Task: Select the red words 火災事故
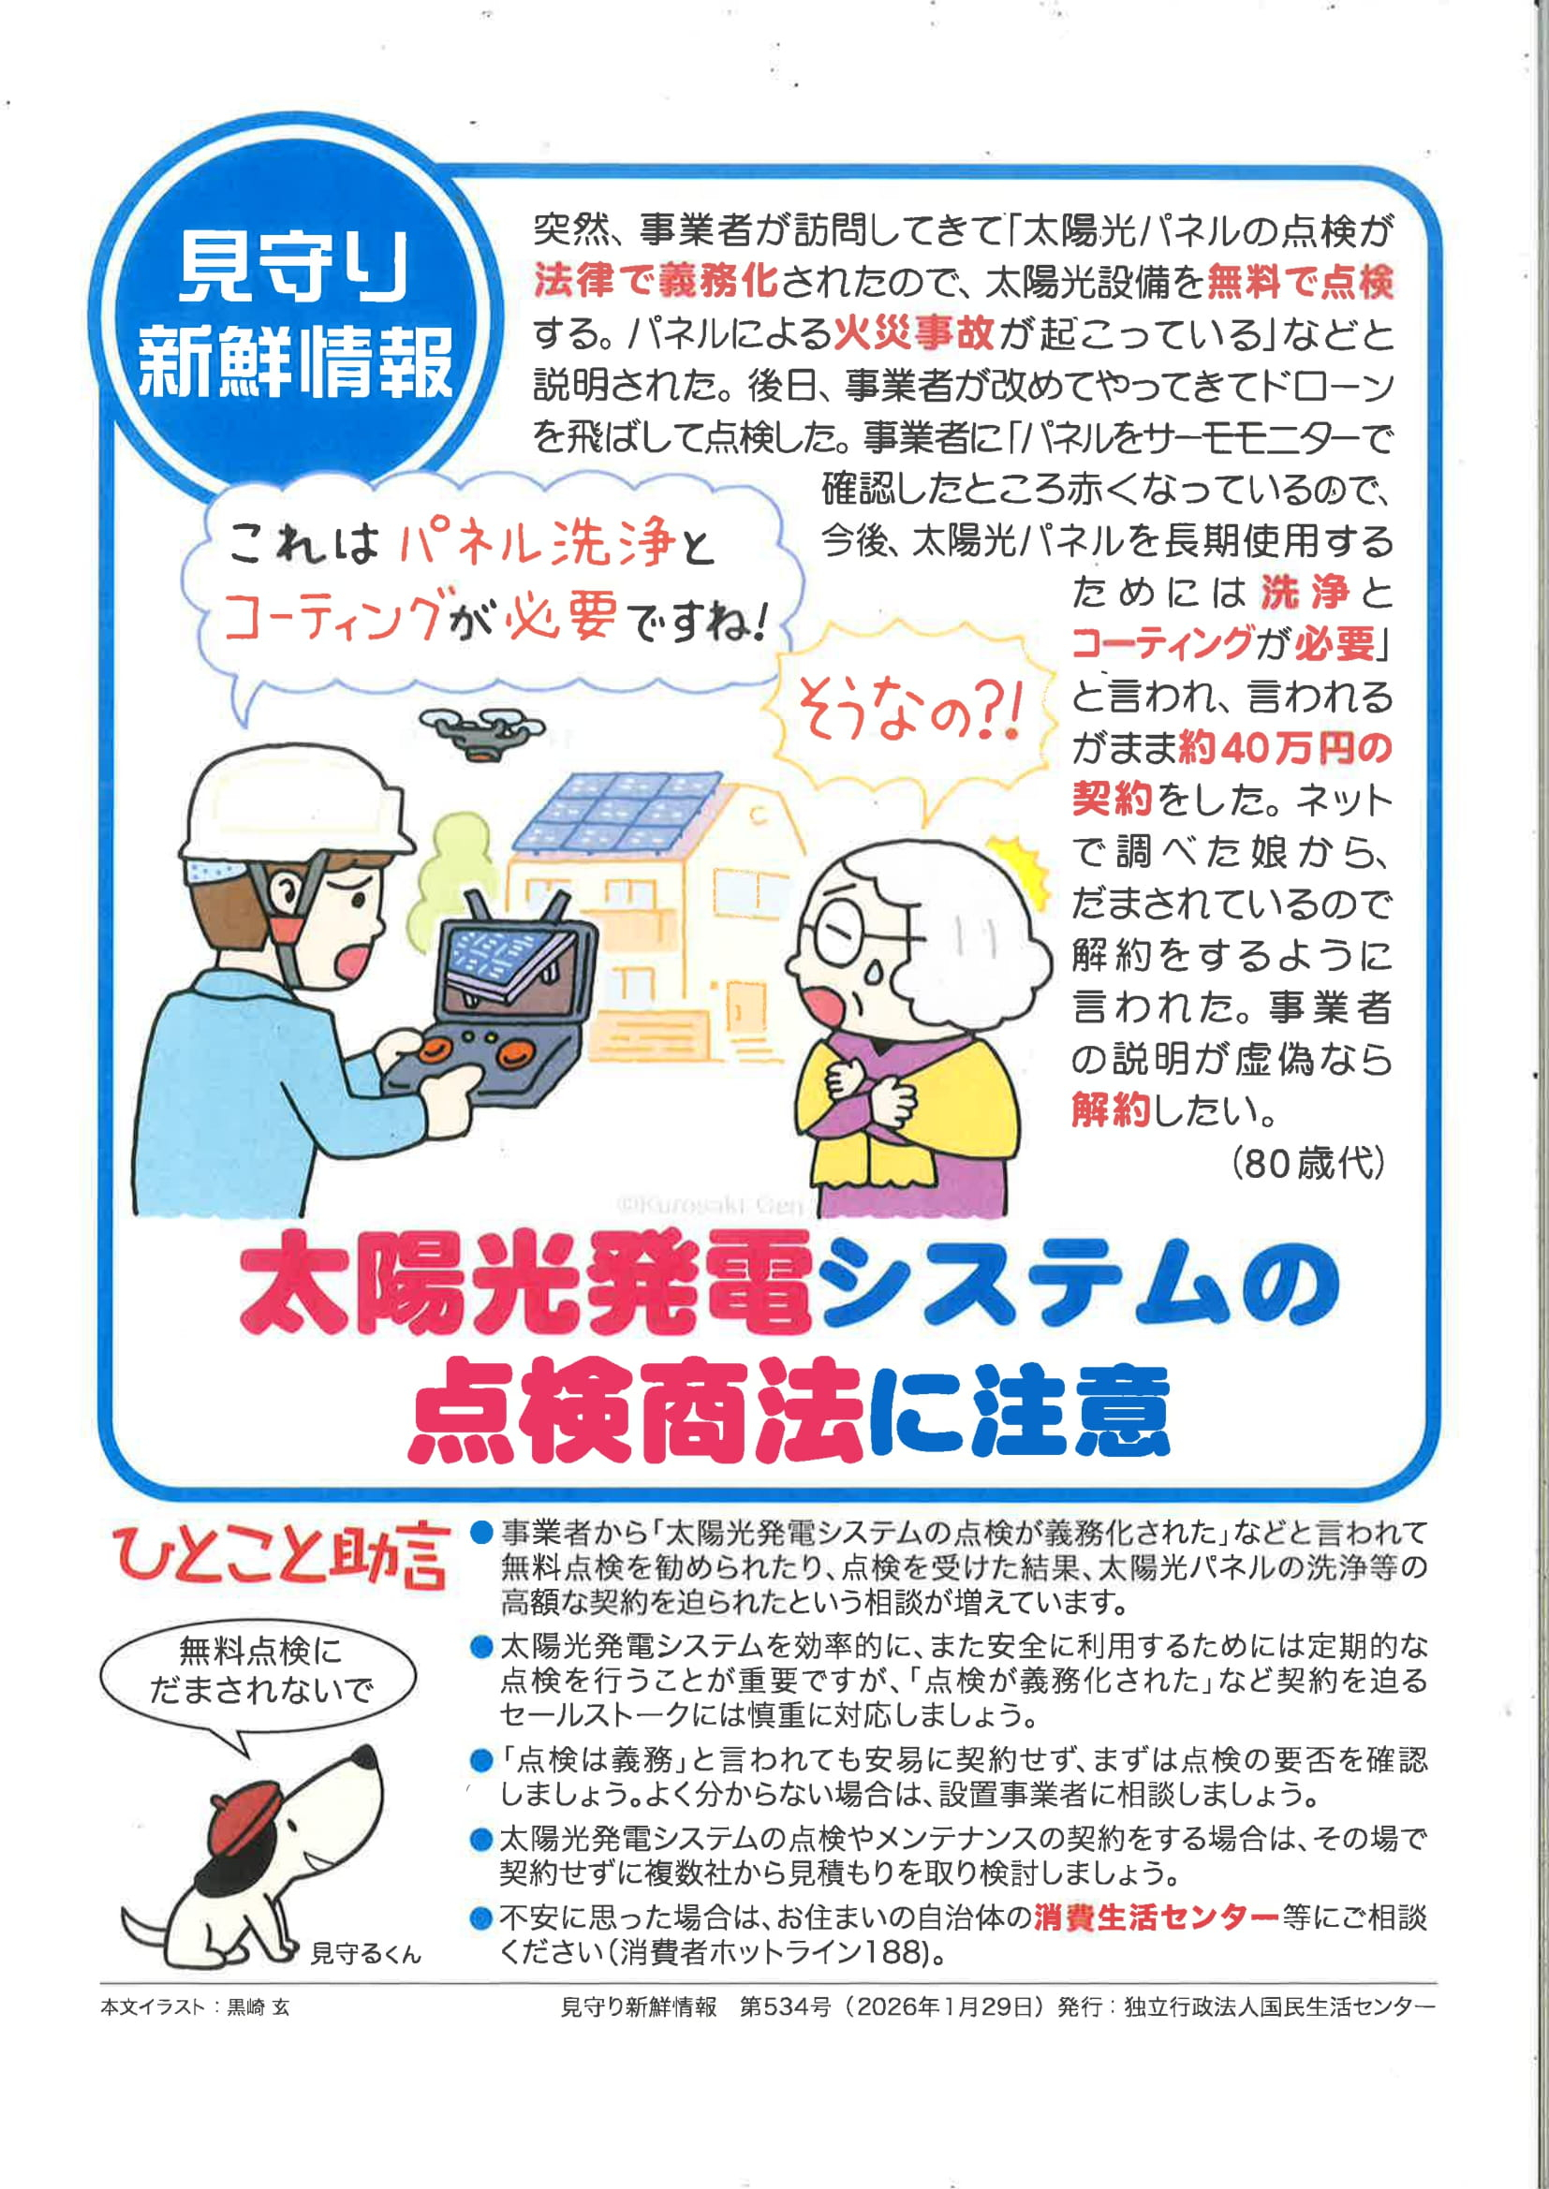tap(915, 332)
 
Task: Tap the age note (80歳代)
tap(1307, 1163)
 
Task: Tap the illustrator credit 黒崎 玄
tap(258, 2007)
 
